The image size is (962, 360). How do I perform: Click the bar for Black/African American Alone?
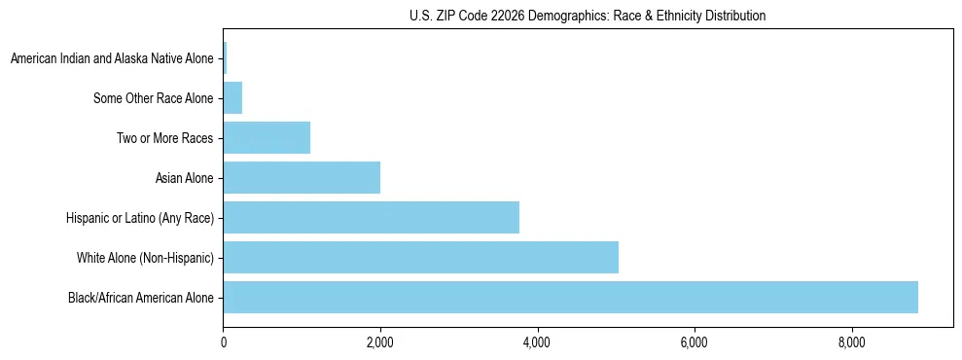[x=570, y=298]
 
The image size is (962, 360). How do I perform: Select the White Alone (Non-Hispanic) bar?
[x=420, y=258]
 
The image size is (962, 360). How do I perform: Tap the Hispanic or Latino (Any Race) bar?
[x=371, y=217]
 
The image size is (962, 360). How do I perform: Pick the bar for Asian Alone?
[x=302, y=177]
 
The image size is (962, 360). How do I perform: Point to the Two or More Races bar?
[x=267, y=137]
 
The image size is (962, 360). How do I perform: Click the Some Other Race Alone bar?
[x=232, y=97]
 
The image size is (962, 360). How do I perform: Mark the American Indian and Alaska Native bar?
[x=225, y=58]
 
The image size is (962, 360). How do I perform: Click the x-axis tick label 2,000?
[x=379, y=342]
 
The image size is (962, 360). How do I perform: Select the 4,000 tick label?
[x=537, y=342]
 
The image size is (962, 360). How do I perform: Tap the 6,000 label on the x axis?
[x=695, y=342]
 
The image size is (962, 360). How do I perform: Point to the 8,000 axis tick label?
[x=851, y=342]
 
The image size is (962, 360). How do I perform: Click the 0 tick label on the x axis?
[x=223, y=342]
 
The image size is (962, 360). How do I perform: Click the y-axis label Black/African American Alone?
[x=141, y=298]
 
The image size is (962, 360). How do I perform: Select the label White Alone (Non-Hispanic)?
[x=145, y=258]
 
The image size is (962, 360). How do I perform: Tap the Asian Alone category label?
[x=184, y=177]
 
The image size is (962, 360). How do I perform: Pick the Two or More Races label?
[x=164, y=137]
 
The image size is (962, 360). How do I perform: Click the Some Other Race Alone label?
[x=153, y=97]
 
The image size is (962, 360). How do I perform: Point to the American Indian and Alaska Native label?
[x=112, y=58]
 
